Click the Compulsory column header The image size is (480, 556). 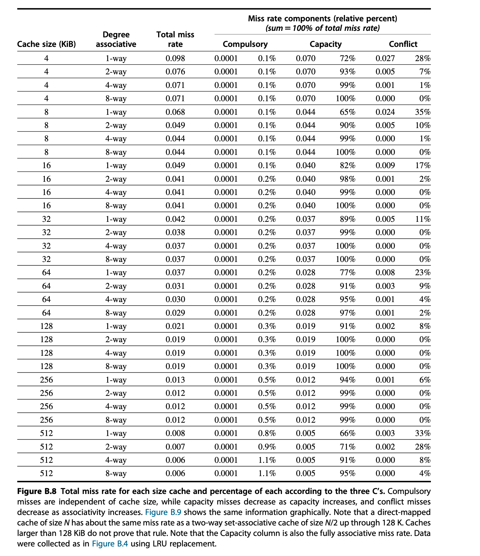pos(245,44)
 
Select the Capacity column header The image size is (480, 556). pos(326,44)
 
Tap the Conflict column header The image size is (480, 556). pos(403,44)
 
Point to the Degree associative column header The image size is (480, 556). pos(116,39)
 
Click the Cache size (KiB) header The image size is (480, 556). pos(46,44)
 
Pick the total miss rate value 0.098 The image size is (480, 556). pos(175,58)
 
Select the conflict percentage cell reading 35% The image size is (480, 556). pos(423,112)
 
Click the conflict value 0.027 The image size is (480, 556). pos(385,58)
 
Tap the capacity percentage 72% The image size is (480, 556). pos(347,58)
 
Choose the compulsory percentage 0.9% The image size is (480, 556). pos(267,447)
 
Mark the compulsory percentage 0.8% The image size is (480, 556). pos(267,434)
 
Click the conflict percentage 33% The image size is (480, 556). pos(423,434)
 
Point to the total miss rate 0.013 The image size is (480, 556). pos(175,380)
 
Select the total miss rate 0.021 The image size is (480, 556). pos(175,326)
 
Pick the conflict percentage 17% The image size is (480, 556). pos(423,166)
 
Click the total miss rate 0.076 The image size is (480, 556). pos(175,72)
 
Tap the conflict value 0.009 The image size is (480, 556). pos(385,166)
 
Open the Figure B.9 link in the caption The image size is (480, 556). pos(163,512)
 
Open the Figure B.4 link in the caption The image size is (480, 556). pos(110,544)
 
